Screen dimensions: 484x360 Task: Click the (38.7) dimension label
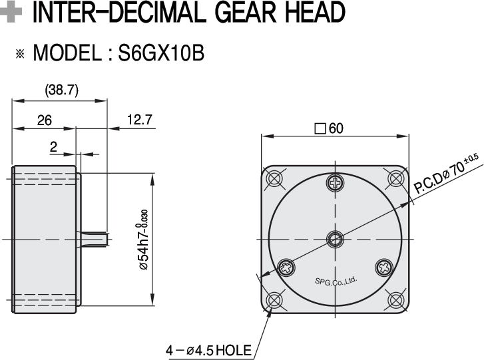pos(62,90)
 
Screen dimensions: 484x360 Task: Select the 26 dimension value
pos(45,120)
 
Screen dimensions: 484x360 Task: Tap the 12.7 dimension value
pos(140,119)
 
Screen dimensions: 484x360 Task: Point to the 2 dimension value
pos(53,147)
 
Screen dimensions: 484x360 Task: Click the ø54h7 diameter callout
pos(144,240)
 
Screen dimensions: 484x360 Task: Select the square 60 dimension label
pos(329,128)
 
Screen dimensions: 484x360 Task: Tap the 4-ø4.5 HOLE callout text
pos(208,351)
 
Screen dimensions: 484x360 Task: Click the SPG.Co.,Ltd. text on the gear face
pos(336,281)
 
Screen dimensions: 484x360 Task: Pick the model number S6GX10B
pos(161,53)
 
